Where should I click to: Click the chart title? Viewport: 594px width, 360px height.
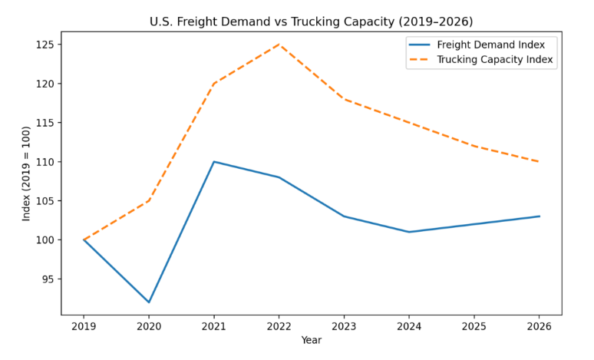point(311,21)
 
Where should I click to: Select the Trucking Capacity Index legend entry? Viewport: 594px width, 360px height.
point(495,58)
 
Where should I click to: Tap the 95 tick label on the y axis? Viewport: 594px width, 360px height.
point(47,279)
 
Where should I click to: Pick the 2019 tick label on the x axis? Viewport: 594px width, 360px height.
point(84,326)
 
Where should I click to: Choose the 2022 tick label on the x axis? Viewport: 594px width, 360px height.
point(279,326)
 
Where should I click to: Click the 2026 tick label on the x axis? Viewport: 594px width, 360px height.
point(539,326)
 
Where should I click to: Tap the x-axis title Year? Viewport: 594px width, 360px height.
point(311,340)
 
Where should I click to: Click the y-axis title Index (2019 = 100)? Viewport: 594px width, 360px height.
point(27,173)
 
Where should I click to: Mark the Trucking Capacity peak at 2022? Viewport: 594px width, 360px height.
point(279,45)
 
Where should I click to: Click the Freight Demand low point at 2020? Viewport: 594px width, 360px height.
point(149,302)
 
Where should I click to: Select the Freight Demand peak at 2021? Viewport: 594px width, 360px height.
point(214,162)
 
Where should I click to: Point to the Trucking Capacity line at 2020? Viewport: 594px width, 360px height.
point(149,201)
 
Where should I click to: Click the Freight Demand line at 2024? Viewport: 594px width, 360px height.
point(409,232)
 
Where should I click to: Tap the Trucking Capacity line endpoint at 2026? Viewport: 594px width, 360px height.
point(539,162)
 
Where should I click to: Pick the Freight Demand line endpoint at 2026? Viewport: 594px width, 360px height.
point(539,216)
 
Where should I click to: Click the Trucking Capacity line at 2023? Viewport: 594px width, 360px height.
point(344,99)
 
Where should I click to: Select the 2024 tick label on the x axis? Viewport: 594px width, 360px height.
point(409,326)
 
